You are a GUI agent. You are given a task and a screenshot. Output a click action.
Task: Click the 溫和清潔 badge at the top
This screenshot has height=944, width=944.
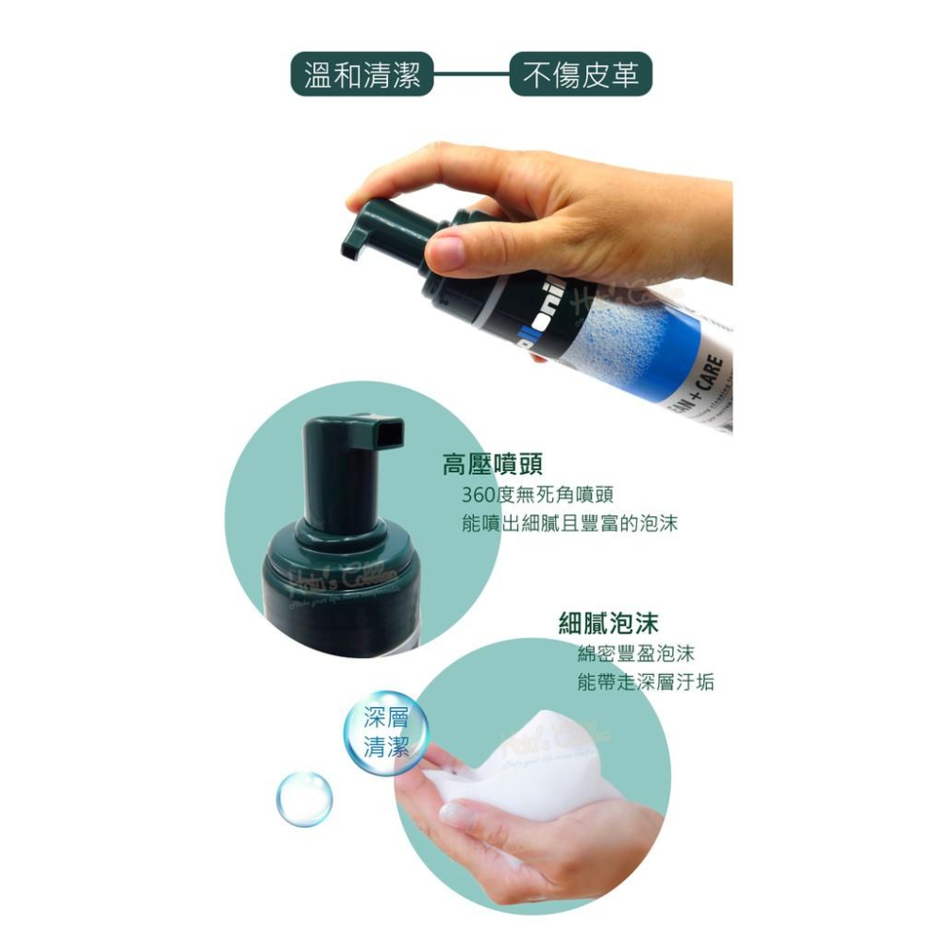pos(362,74)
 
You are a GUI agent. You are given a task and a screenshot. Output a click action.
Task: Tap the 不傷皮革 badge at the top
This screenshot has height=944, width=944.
pos(581,74)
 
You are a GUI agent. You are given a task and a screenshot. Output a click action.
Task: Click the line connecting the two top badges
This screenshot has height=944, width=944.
pos(471,74)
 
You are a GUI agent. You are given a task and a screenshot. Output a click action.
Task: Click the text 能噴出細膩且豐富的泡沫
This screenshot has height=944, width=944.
pos(569,524)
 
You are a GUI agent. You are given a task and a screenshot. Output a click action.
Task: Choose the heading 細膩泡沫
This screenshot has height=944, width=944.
pos(608,623)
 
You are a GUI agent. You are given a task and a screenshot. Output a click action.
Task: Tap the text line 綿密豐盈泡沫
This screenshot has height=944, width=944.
pos(635,653)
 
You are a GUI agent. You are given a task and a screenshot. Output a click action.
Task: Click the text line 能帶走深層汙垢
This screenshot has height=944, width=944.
pos(645,682)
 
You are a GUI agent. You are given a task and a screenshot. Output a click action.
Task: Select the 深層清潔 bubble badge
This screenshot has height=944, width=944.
pos(386,732)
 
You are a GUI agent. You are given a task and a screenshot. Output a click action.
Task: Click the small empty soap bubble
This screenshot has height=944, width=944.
pos(304,796)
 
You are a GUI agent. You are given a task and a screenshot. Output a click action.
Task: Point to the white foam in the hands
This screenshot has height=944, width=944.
pos(529,784)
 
